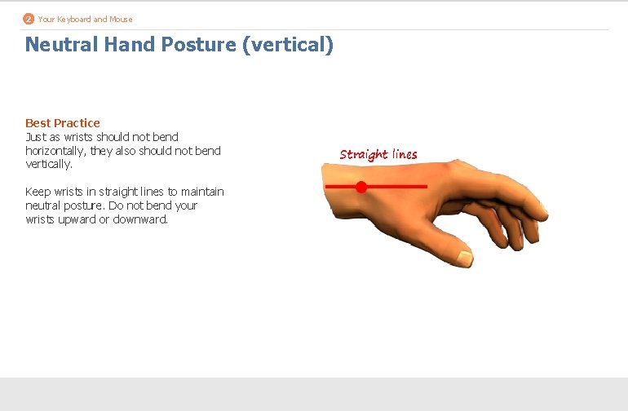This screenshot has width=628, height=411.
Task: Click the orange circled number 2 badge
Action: click(x=29, y=19)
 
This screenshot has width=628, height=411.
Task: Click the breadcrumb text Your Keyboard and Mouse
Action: click(x=85, y=19)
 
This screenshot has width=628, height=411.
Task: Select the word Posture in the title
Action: click(x=201, y=44)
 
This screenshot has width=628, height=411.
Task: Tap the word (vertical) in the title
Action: click(x=288, y=44)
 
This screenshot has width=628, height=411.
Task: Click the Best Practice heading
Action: click(x=63, y=123)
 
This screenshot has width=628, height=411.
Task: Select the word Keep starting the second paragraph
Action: click(x=38, y=192)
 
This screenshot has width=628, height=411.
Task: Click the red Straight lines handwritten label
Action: click(x=378, y=154)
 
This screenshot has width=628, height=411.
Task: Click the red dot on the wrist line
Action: click(x=361, y=187)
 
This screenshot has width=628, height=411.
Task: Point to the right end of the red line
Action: click(x=426, y=187)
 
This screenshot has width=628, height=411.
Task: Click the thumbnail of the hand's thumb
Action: click(x=463, y=259)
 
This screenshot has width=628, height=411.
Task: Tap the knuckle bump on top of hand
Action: click(x=446, y=169)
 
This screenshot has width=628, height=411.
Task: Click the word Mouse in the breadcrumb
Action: click(x=121, y=19)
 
